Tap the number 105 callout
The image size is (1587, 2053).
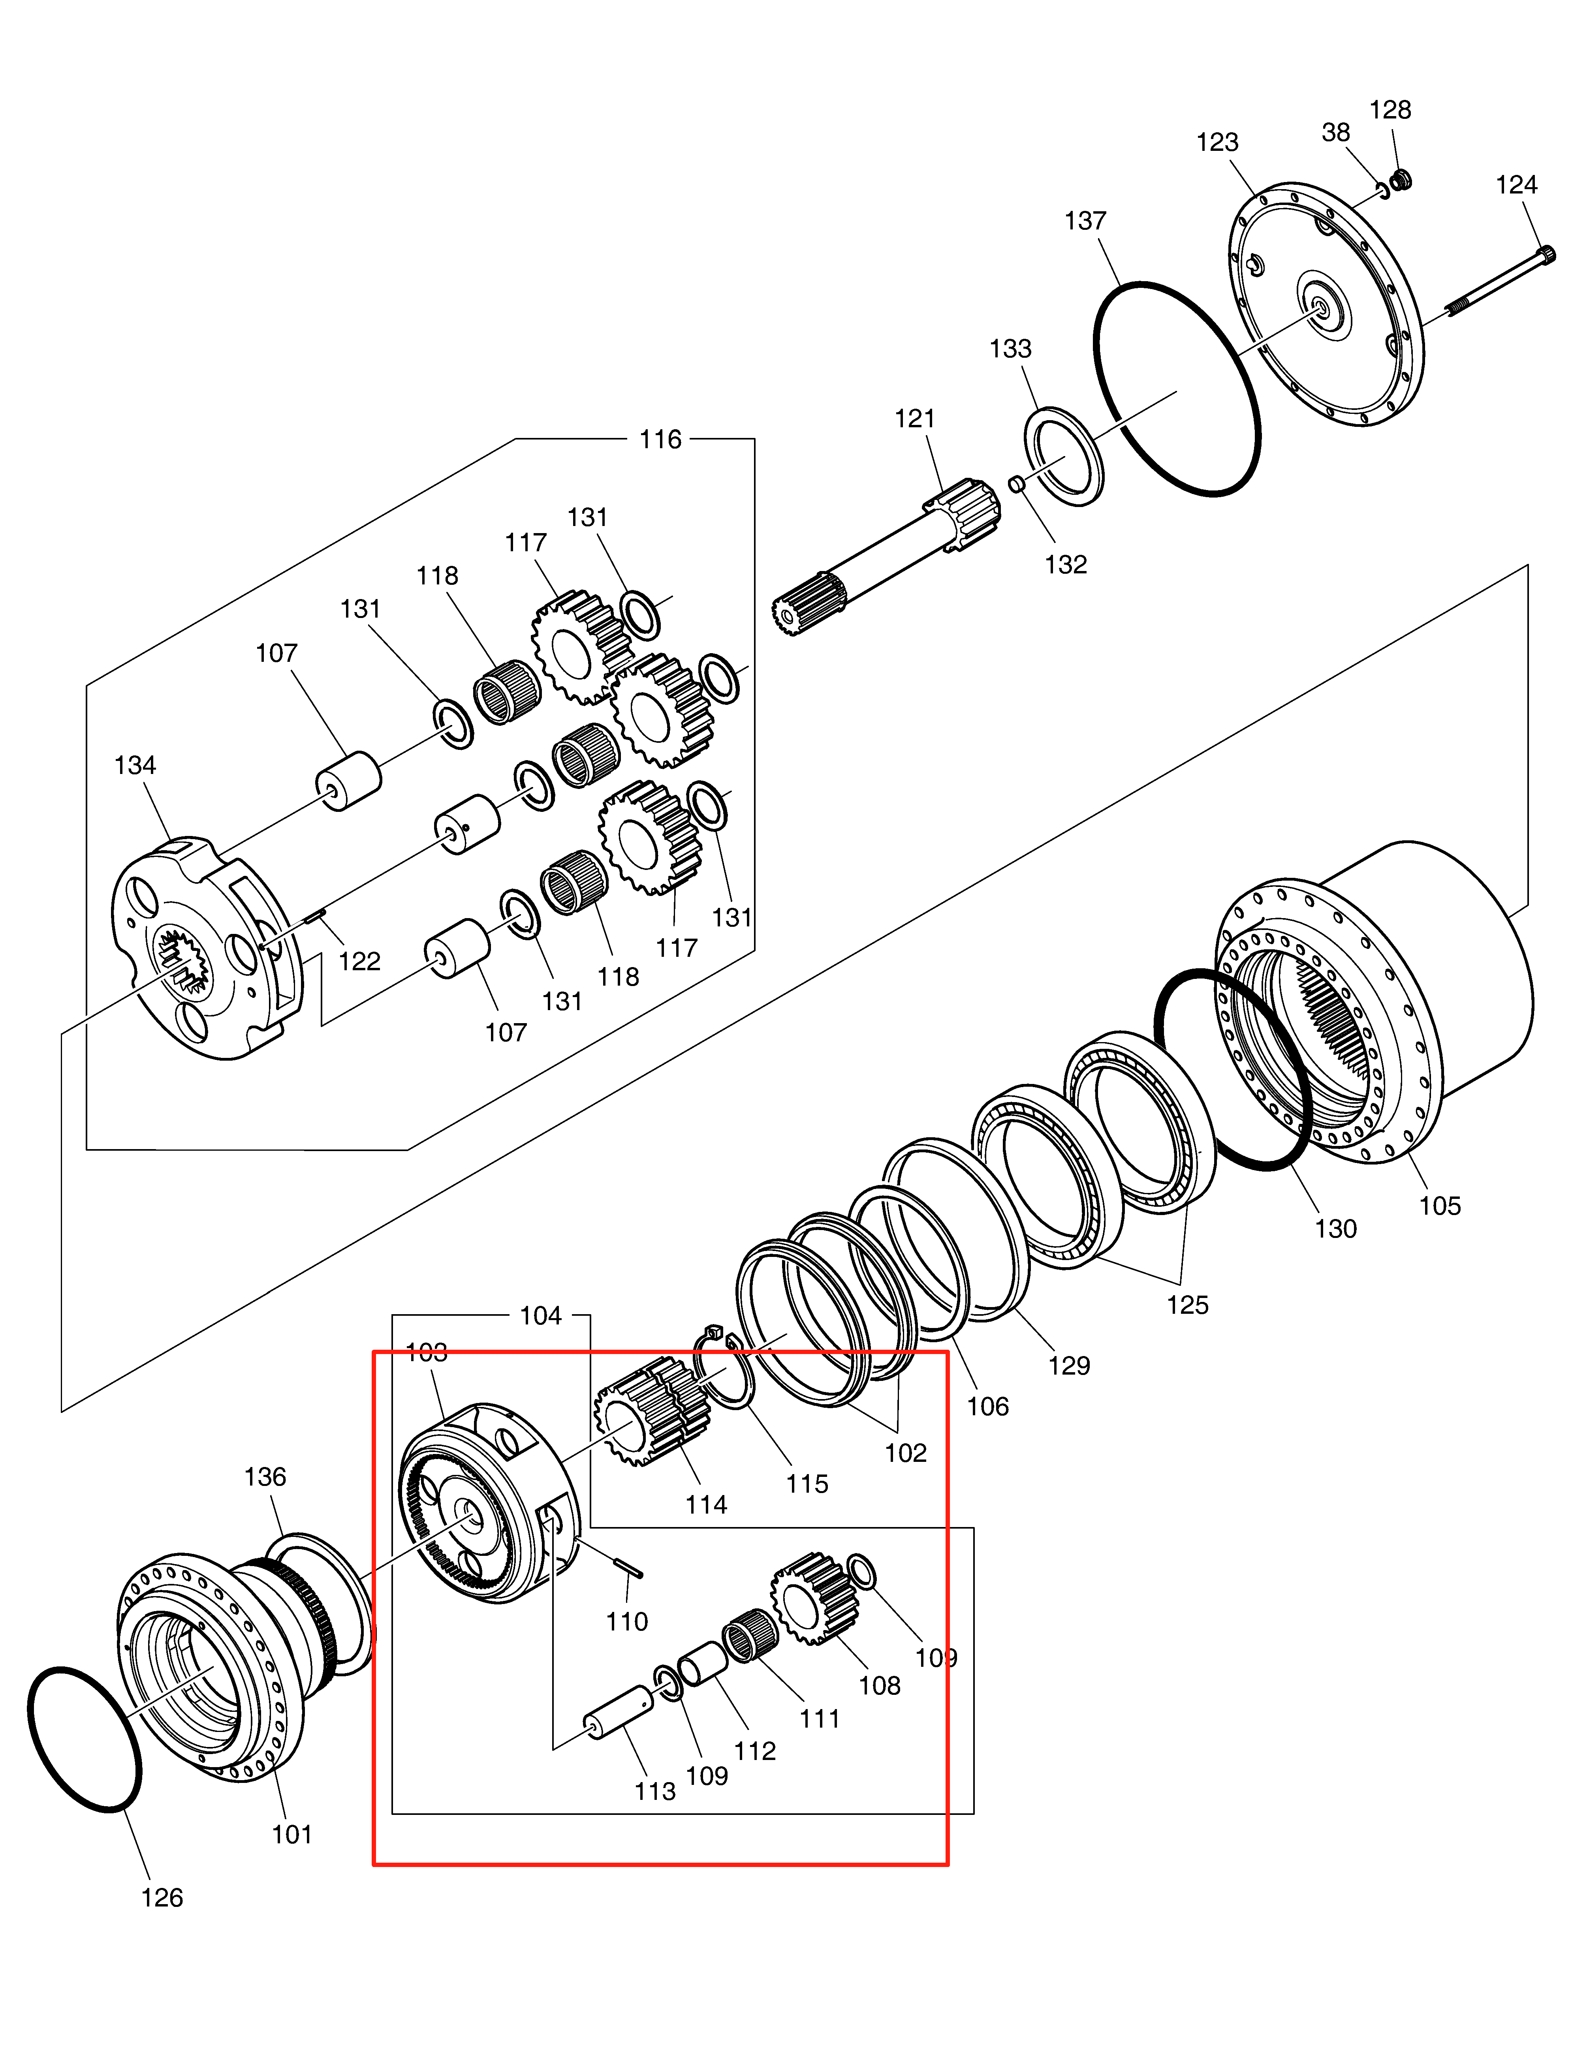click(x=1439, y=1206)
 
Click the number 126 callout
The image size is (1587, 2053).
click(x=162, y=1898)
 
